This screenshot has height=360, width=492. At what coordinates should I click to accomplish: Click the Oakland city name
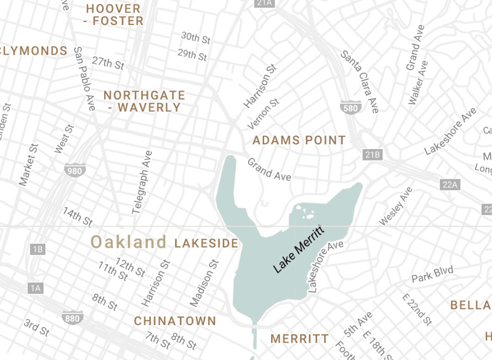[x=129, y=242]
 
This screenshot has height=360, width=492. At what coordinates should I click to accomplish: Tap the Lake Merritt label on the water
[x=299, y=250]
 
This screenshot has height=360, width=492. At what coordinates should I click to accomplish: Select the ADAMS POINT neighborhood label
[x=299, y=140]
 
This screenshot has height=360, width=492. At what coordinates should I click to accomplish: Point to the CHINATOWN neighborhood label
[x=175, y=321]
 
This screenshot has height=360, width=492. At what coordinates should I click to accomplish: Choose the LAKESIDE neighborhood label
[x=206, y=243]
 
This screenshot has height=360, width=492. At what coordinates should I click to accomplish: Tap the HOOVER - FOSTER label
[x=114, y=15]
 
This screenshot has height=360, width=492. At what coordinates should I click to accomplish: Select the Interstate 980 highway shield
[x=75, y=170]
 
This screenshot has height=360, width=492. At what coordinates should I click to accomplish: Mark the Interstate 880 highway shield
[x=72, y=317]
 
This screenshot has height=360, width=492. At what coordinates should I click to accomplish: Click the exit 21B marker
[x=373, y=155]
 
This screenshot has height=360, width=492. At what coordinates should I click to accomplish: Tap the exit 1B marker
[x=38, y=250]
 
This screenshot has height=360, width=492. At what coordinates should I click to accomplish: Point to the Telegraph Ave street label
[x=142, y=182]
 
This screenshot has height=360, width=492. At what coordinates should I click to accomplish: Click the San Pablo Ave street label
[x=85, y=79]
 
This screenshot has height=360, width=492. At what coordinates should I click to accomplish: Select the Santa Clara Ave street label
[x=360, y=81]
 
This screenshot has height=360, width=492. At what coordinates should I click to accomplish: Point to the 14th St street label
[x=78, y=216]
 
